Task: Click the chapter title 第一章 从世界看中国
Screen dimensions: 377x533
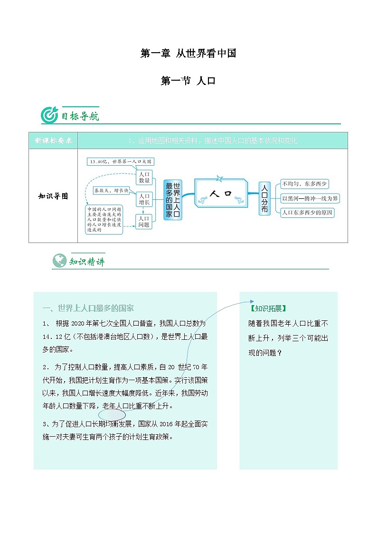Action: point(188,54)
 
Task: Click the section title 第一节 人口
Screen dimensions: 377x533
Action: point(188,81)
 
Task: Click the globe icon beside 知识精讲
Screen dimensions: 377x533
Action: point(59,261)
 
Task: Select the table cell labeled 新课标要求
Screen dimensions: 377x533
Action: point(53,140)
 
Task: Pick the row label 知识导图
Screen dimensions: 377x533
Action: point(53,196)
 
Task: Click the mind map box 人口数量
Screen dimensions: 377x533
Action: point(144,177)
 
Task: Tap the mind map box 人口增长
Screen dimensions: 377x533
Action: point(144,199)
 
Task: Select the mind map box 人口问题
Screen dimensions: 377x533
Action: point(144,221)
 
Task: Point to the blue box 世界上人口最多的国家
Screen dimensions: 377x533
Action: point(172,200)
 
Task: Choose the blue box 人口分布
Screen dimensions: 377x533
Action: point(264,198)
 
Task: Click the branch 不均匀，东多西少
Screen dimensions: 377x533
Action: point(305,184)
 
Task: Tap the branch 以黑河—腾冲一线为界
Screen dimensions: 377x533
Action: point(310,198)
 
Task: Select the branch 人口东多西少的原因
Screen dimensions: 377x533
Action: point(307,213)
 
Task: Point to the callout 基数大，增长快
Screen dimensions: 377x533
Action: point(111,190)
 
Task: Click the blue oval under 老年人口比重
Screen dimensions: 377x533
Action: point(112,414)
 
